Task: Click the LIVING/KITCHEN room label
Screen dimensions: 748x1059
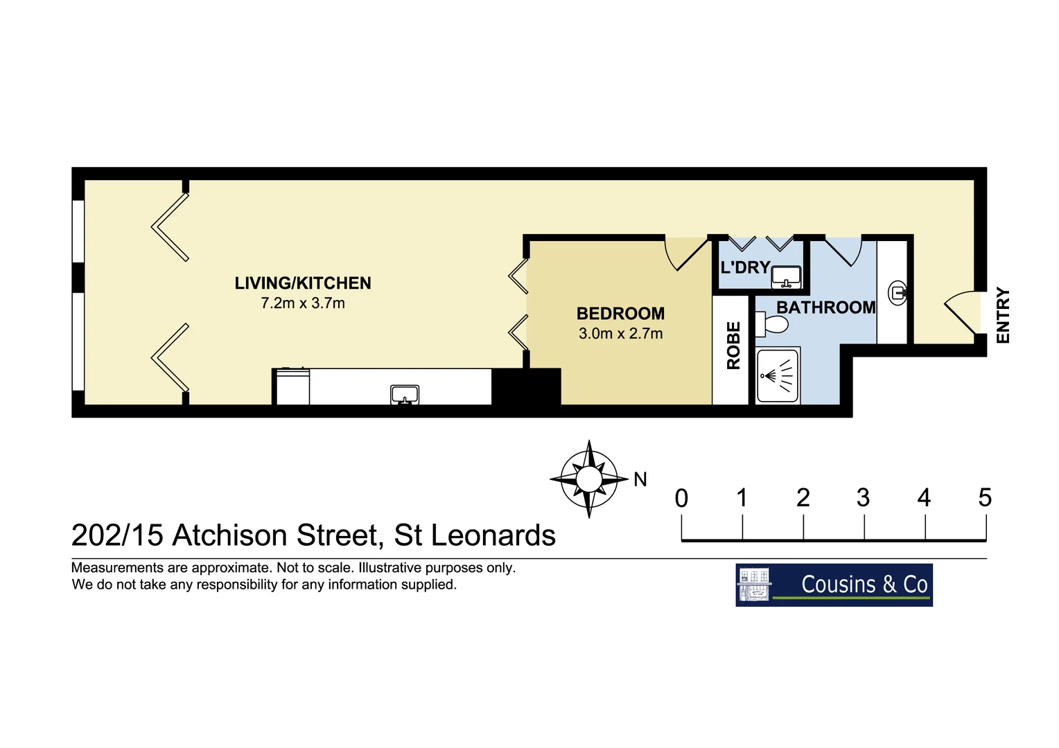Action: (303, 283)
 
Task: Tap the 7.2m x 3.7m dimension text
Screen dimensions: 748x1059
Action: (303, 303)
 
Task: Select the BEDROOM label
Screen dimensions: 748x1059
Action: (620, 314)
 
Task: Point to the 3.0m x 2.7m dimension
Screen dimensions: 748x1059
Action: (620, 334)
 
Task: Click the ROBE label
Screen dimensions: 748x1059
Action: (733, 346)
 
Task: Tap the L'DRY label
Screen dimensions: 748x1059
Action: (745, 267)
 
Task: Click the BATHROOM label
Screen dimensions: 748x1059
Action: (825, 308)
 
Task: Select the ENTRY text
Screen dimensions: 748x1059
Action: (1003, 316)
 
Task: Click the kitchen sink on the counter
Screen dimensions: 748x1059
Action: (405, 395)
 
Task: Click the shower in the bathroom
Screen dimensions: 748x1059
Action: (778, 376)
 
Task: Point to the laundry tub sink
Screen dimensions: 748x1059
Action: (786, 277)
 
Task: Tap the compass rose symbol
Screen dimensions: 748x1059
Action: (588, 479)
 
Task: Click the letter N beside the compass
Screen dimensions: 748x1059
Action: (640, 479)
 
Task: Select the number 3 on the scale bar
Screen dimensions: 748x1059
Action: (863, 497)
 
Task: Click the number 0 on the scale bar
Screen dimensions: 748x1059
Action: (681, 498)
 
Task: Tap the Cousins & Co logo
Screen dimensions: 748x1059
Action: (834, 585)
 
